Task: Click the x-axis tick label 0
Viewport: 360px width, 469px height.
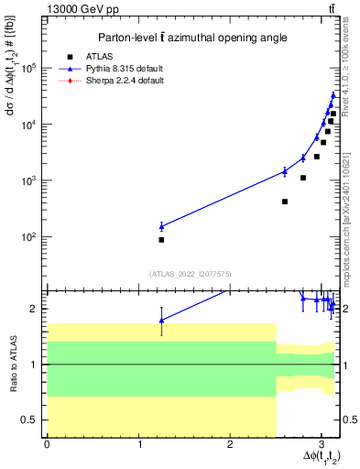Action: (47, 444)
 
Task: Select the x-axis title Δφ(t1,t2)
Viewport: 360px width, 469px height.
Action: (312, 458)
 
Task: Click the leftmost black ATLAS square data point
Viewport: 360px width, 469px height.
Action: (161, 240)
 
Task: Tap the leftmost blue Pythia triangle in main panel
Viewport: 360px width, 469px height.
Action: (161, 225)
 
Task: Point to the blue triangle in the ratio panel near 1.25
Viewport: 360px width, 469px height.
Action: (161, 320)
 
